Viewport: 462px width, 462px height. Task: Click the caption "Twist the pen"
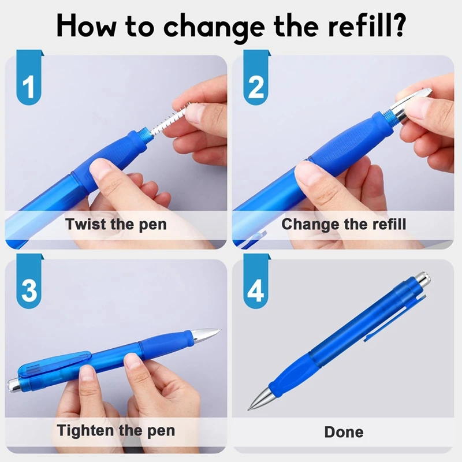click(116, 224)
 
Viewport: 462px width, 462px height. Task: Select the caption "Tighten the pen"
click(115, 430)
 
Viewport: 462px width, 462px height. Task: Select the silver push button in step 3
click(14, 383)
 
